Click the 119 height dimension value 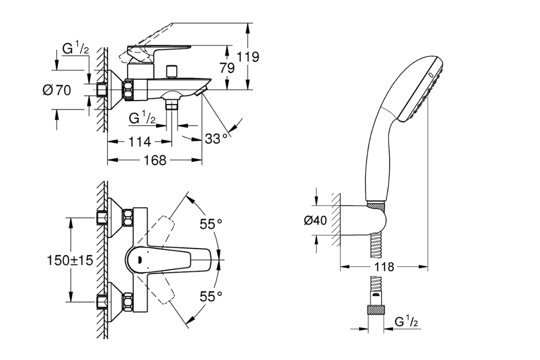(x=249, y=57)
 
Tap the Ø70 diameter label (x=57, y=90)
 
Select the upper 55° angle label (x=211, y=224)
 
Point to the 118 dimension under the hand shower (x=383, y=267)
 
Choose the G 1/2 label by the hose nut (x=407, y=323)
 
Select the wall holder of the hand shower (x=367, y=220)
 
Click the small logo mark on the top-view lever (x=139, y=259)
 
